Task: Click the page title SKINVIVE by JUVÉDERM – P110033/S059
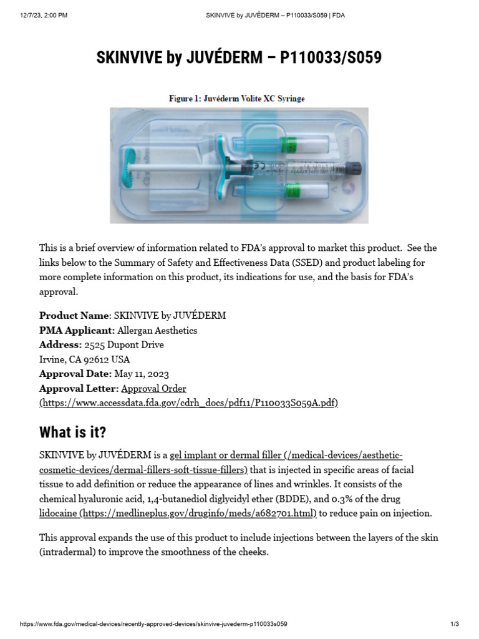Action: pyautogui.click(x=239, y=58)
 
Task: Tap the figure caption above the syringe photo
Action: pyautogui.click(x=237, y=99)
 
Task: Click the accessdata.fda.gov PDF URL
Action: pyautogui.click(x=189, y=403)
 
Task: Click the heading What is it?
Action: pyautogui.click(x=72, y=432)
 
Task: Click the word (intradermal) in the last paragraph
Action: pyautogui.click(x=68, y=552)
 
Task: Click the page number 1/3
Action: pyautogui.click(x=454, y=624)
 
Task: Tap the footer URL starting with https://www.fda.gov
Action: pyautogui.click(x=153, y=624)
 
